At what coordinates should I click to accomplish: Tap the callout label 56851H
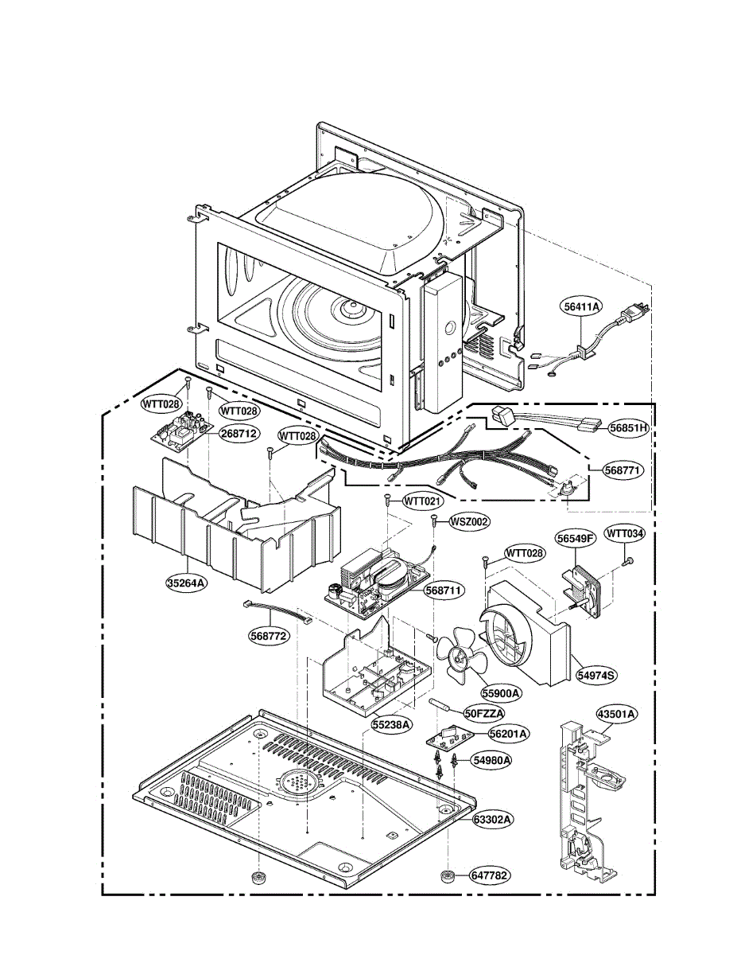pyautogui.click(x=629, y=427)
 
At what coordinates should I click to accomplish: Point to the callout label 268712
pyautogui.click(x=239, y=434)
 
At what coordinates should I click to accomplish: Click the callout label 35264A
pyautogui.click(x=188, y=583)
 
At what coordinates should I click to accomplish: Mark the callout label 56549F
pyautogui.click(x=576, y=539)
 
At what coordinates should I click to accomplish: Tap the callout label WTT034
pyautogui.click(x=625, y=533)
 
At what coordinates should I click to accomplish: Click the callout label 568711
pyautogui.click(x=444, y=591)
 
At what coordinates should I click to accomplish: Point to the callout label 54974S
pyautogui.click(x=597, y=674)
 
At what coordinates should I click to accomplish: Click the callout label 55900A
pyautogui.click(x=500, y=693)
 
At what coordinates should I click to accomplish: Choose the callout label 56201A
pyautogui.click(x=509, y=733)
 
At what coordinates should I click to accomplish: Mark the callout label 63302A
pyautogui.click(x=492, y=818)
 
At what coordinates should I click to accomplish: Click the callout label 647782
pyautogui.click(x=489, y=875)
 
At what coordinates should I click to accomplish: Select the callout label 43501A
pyautogui.click(x=617, y=714)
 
